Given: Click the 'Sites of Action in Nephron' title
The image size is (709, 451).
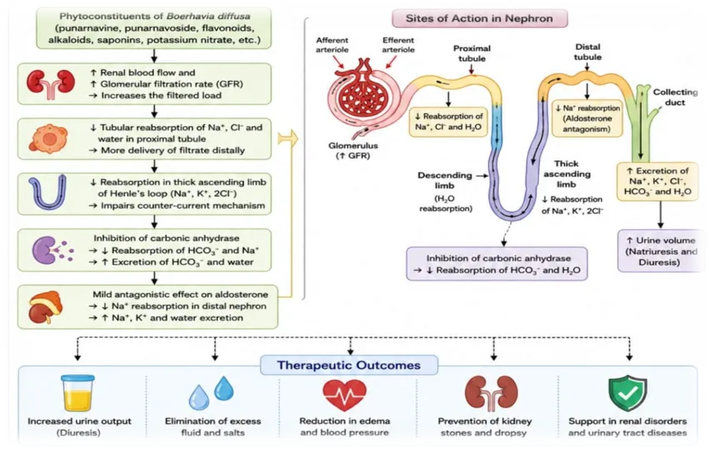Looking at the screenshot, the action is [479, 18].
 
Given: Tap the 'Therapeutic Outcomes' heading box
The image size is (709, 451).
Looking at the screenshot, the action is [348, 365].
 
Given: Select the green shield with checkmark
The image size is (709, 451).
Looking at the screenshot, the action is [627, 392].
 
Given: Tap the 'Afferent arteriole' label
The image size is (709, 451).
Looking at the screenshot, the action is [332, 45].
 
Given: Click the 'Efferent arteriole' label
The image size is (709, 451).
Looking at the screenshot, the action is [398, 45].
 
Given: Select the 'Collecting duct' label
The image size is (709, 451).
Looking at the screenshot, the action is [675, 97].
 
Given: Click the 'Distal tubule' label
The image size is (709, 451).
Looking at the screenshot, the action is [587, 52].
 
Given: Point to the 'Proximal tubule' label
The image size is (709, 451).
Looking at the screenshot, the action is [472, 53].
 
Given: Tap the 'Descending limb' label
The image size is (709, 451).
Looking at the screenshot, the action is [445, 180].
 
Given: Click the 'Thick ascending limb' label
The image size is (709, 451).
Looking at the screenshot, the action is [567, 173].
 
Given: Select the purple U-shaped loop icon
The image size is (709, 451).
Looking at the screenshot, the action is [47, 193].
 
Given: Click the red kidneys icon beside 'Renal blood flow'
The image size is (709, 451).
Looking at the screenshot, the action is [50, 83].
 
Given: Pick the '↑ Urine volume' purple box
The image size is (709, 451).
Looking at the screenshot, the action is [661, 251].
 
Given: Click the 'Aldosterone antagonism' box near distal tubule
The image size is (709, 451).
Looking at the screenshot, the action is [587, 118].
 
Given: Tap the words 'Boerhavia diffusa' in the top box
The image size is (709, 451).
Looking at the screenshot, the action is [208, 17].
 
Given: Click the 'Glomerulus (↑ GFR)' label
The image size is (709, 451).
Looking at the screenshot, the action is [352, 151].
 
